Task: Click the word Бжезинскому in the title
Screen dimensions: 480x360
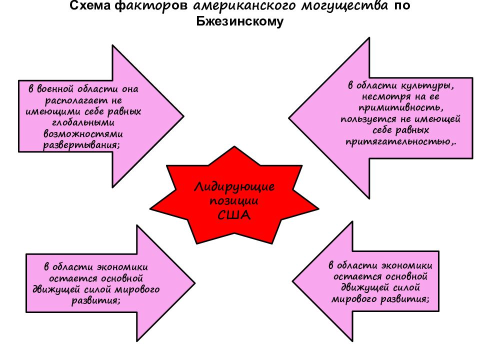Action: [x=239, y=21]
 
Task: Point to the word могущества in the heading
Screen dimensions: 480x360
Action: [x=344, y=6]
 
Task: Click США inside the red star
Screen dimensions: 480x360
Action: [x=234, y=215]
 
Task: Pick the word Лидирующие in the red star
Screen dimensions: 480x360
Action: [x=234, y=187]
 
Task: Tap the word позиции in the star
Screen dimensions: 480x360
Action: [x=234, y=201]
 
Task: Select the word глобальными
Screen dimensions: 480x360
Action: [x=83, y=122]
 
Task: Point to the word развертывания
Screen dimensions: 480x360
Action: [x=81, y=145]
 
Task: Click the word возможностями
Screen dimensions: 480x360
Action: [x=83, y=134]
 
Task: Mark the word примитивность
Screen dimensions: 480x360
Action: [x=400, y=108]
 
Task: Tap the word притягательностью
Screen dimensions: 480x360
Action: [x=400, y=141]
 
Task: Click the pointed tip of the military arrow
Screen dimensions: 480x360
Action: [x=183, y=116]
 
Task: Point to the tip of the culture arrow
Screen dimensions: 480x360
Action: [x=289, y=118]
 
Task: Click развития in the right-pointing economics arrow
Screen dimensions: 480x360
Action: [x=96, y=300]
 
